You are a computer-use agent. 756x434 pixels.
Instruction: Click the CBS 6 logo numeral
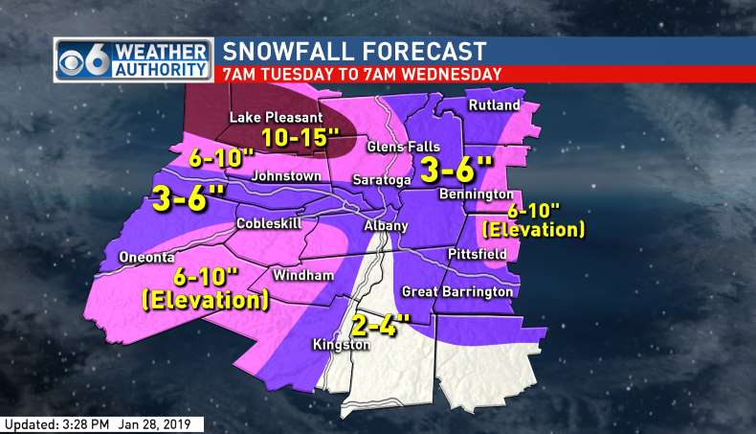(75, 58)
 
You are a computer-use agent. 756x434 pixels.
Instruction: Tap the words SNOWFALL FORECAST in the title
(355, 51)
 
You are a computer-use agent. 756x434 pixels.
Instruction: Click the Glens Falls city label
(404, 147)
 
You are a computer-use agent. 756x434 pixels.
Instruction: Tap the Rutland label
(495, 104)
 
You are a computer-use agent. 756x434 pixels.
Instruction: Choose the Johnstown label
(286, 176)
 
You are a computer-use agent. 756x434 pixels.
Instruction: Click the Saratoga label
(382, 180)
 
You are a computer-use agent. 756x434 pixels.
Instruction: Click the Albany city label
(386, 226)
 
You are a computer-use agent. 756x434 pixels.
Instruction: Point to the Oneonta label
(147, 257)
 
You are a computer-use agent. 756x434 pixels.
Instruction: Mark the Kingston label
(340, 345)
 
